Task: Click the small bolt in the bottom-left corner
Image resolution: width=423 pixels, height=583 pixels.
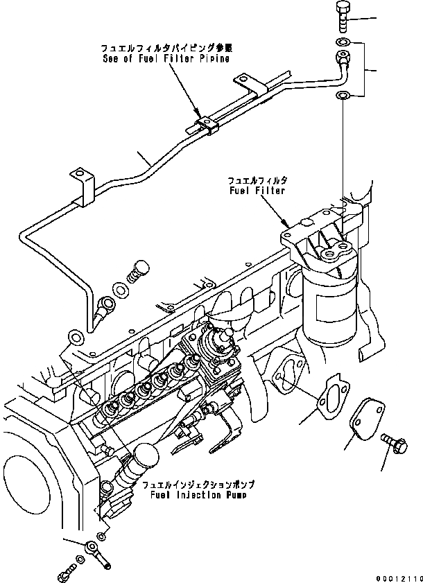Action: tap(64, 575)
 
